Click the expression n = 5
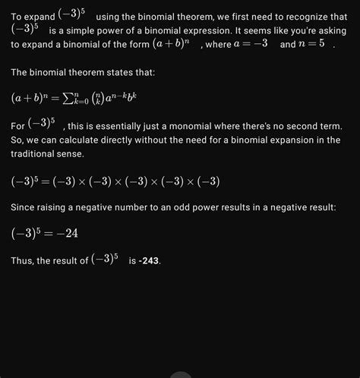(311, 45)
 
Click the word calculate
(73, 140)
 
